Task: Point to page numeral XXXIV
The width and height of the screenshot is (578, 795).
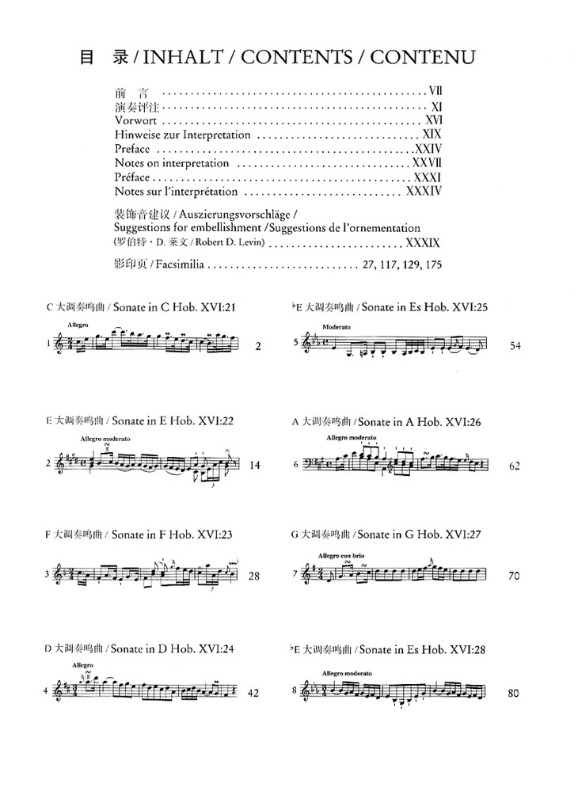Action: tap(423, 192)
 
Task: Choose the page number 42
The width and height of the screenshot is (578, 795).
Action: tap(253, 691)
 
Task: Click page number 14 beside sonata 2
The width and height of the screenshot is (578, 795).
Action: tap(254, 466)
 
